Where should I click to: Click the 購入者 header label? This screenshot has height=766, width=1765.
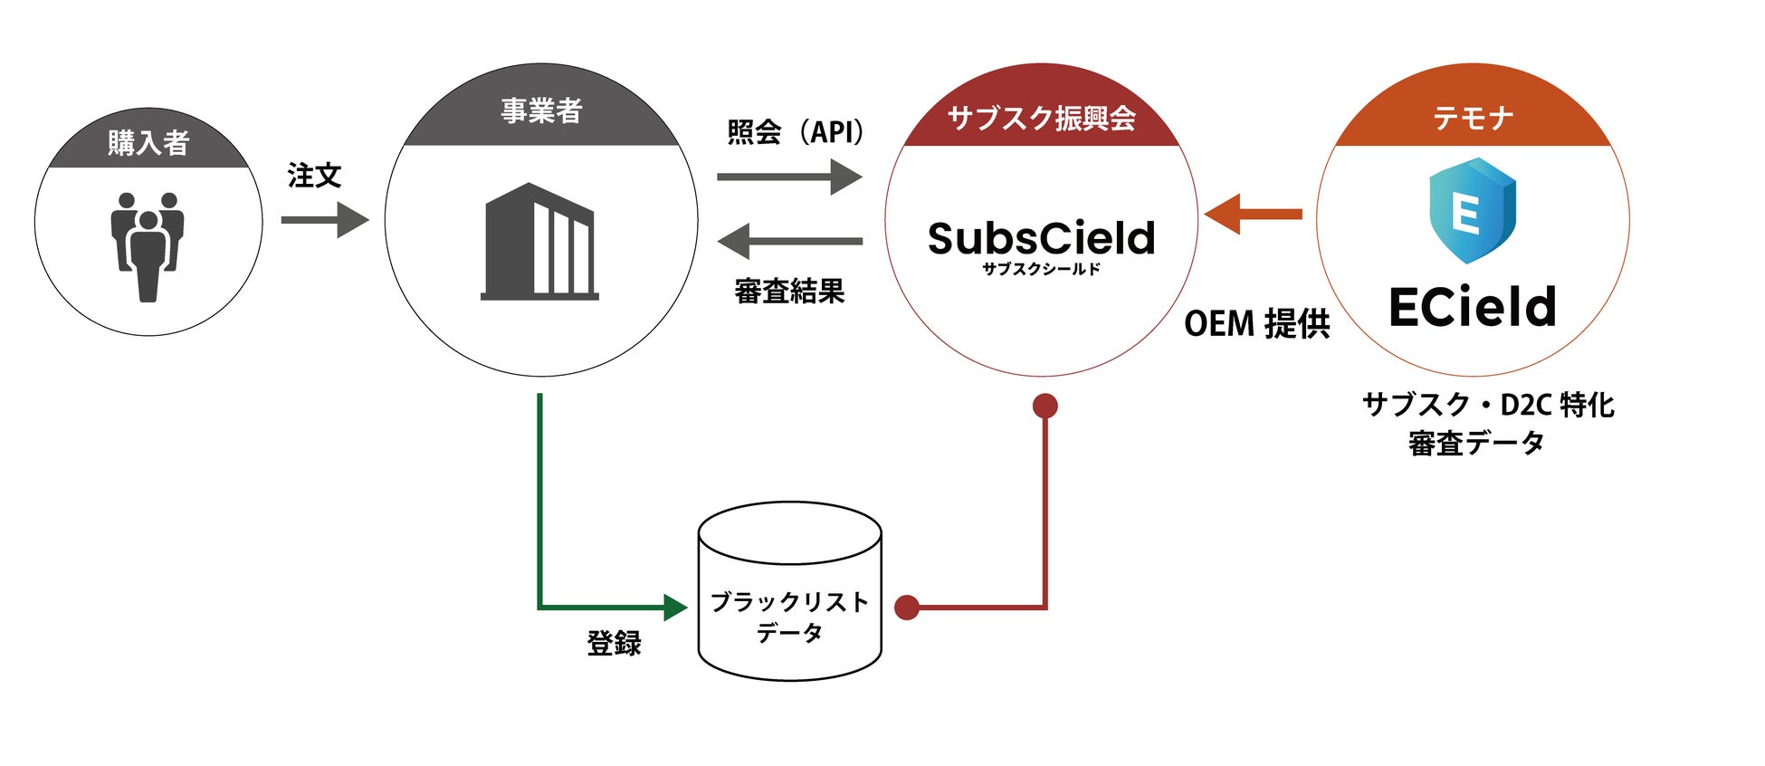148,143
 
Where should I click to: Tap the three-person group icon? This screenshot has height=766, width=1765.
148,246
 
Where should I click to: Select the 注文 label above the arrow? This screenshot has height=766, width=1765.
314,176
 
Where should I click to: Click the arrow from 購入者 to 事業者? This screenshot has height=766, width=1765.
325,220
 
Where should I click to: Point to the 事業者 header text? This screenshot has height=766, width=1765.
541,111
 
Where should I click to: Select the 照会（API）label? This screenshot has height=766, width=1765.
795,132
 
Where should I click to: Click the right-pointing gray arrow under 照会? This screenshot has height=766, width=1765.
789,177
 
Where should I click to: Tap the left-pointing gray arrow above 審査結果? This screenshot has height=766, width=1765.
789,241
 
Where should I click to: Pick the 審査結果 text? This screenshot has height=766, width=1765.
789,291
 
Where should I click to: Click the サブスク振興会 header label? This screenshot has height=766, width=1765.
1041,118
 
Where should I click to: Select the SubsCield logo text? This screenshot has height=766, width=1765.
1042,239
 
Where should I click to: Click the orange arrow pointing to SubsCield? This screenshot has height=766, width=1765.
1253,215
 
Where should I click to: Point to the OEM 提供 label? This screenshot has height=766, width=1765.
1257,323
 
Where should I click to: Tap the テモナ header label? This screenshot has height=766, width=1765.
1473,118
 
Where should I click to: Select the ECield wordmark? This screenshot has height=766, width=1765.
1473,307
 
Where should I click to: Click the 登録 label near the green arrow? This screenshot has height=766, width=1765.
615,643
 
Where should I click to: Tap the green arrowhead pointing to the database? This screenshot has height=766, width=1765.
675,608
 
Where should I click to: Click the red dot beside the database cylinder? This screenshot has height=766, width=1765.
907,608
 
